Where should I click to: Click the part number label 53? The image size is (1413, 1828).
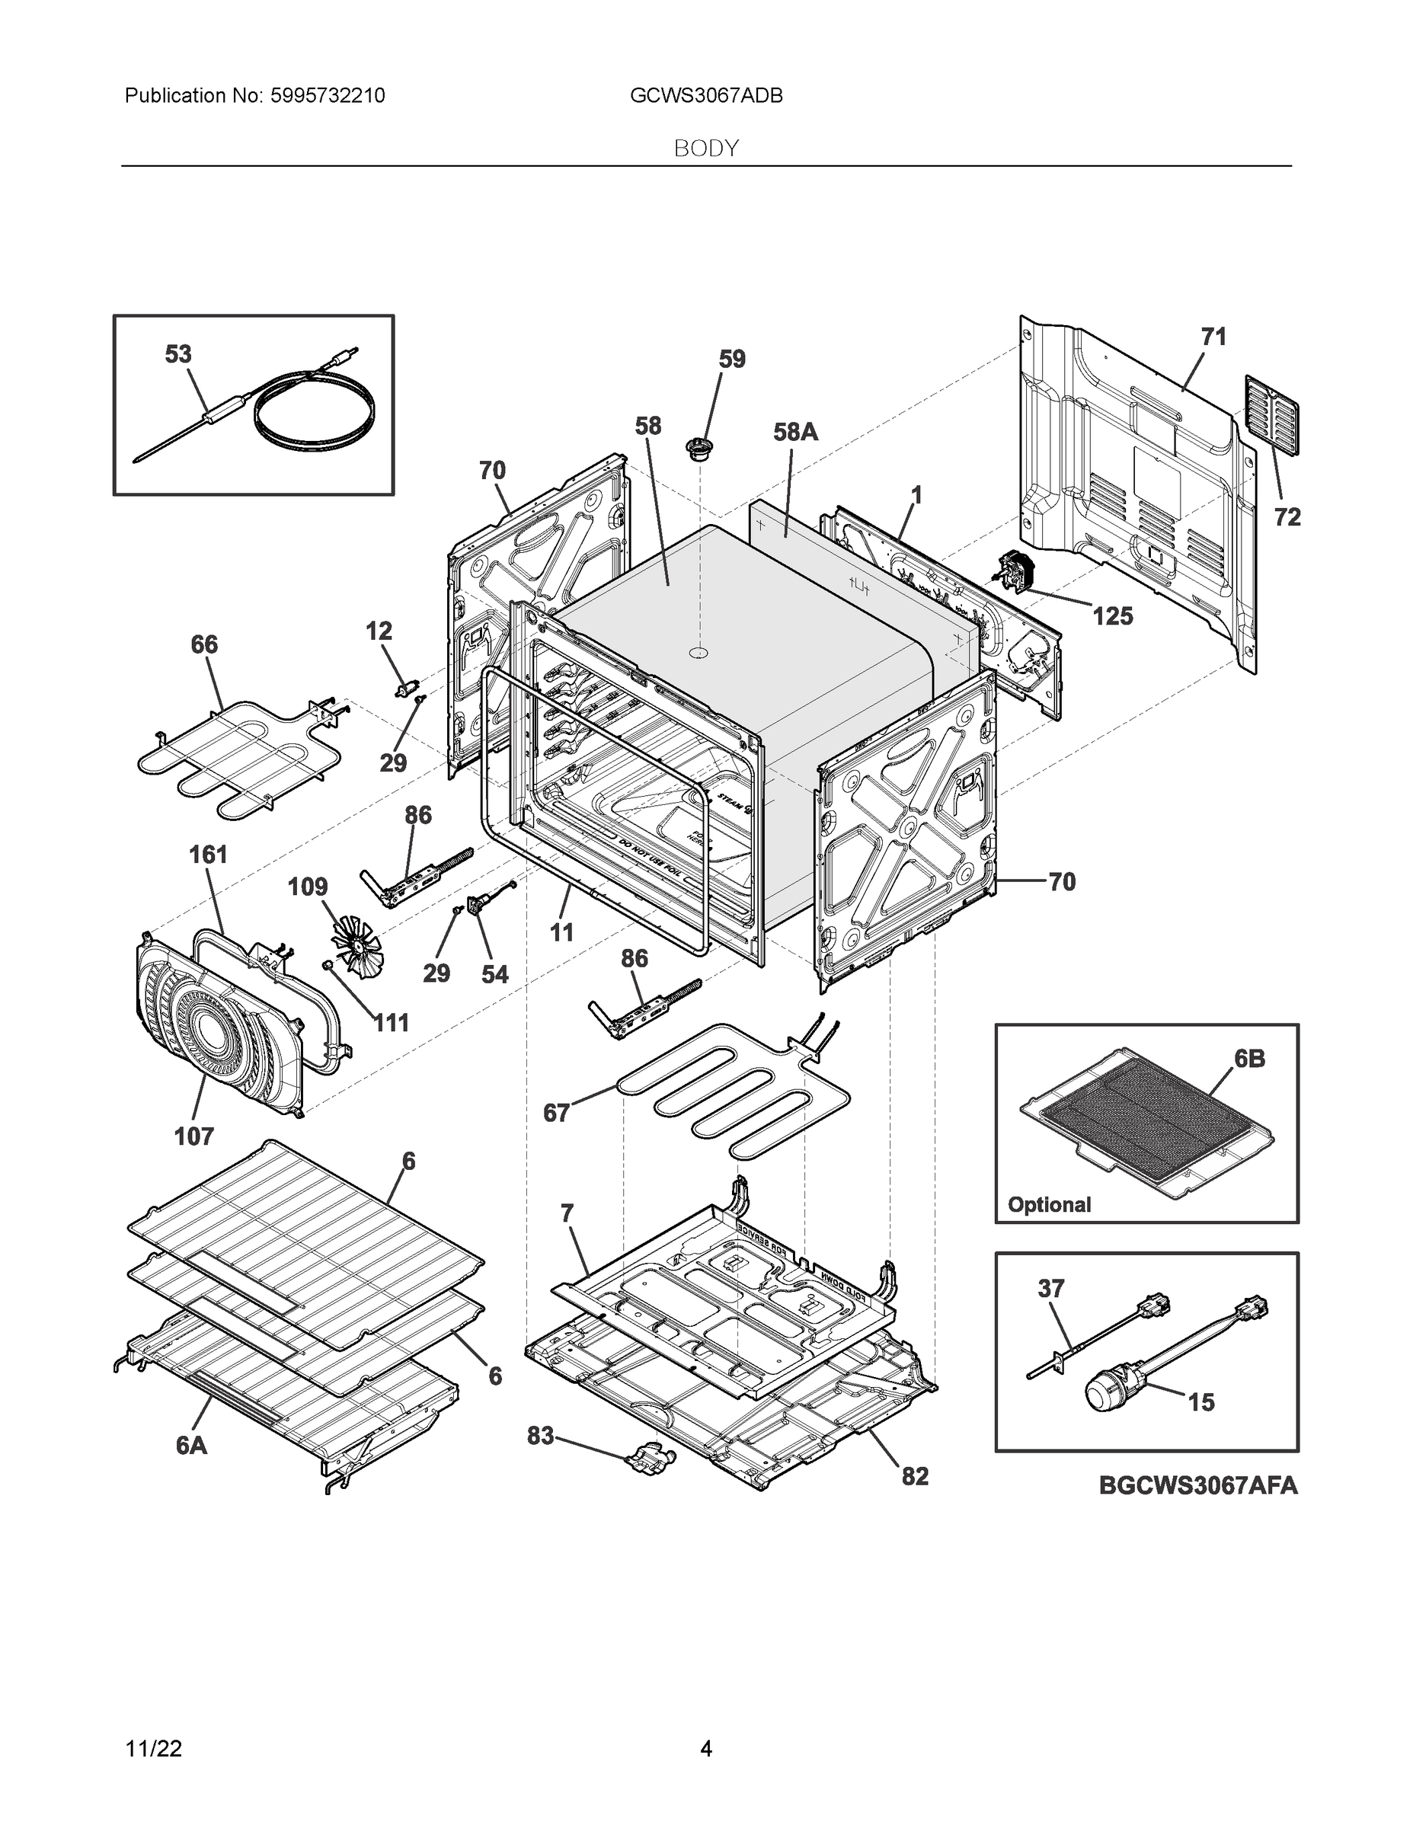coord(177,355)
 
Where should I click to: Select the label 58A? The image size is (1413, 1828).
coord(795,432)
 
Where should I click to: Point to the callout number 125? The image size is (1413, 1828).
coord(1112,617)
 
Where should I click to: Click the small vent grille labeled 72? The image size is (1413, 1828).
coord(1271,415)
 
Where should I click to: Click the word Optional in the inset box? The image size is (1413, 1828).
coord(1049,1204)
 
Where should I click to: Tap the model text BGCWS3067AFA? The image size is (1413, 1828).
coord(1198,1486)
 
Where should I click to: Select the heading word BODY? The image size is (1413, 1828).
coord(705,149)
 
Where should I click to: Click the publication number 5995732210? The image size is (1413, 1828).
coord(328,96)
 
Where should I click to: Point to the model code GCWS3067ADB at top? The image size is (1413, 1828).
coord(705,96)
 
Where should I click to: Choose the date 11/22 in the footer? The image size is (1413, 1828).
coord(153,1749)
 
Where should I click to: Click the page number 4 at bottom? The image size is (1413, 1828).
coord(705,1749)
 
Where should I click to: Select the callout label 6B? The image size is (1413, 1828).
coord(1249,1059)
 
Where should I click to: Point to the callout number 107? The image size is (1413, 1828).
coord(193,1136)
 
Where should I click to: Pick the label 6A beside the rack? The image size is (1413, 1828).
coord(192,1446)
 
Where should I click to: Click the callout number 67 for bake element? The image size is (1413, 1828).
coord(557,1114)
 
